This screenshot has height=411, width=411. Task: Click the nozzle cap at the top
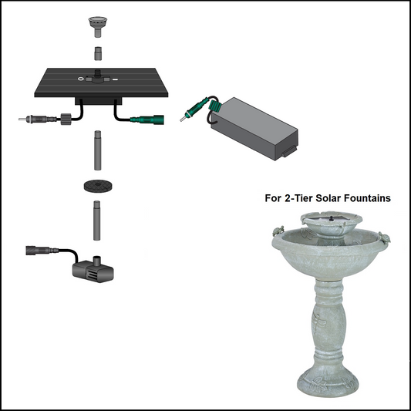tap(97, 24)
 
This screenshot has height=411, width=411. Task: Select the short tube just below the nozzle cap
tap(97, 54)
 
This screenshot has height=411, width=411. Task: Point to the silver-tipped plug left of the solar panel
tap(29, 120)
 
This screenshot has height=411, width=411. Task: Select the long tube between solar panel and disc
tap(97, 150)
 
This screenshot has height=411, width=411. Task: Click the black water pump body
tap(89, 270)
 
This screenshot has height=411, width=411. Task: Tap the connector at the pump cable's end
tap(35, 251)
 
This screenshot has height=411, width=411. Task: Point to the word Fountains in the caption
tap(362, 198)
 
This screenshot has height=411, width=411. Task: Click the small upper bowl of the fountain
tap(330, 223)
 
